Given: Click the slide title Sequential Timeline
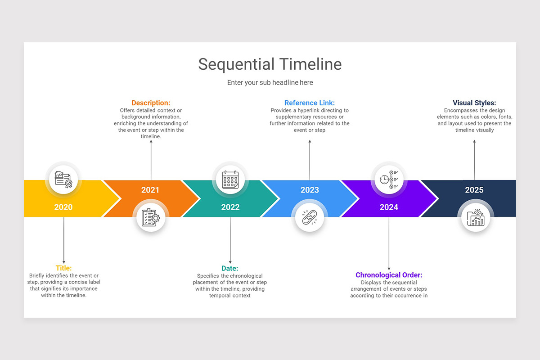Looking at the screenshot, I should point(270,64).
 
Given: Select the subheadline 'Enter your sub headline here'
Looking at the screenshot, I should point(270,83).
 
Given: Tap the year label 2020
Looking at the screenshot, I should point(63,207).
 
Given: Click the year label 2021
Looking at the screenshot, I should point(150,190).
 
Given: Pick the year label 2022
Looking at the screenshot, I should point(230,207).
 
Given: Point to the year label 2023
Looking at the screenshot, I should point(310,190).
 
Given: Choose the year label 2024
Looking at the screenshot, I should point(389,207).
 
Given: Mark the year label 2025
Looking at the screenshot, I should point(474,190).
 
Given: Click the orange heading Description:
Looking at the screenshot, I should point(151,103).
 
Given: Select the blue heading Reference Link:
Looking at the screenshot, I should point(310,103).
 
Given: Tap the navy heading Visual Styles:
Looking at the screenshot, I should point(474,103).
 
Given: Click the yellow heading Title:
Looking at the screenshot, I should point(63,268).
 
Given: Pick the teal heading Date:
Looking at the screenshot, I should point(230,269).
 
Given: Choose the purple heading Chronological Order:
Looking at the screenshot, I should point(389,275).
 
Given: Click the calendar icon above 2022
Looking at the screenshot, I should point(230,180).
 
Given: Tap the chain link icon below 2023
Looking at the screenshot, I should point(310,217).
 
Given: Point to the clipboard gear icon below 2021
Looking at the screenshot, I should point(151,217).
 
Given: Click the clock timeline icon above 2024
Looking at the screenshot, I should point(389,179).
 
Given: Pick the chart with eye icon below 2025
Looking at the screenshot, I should point(476,217).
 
